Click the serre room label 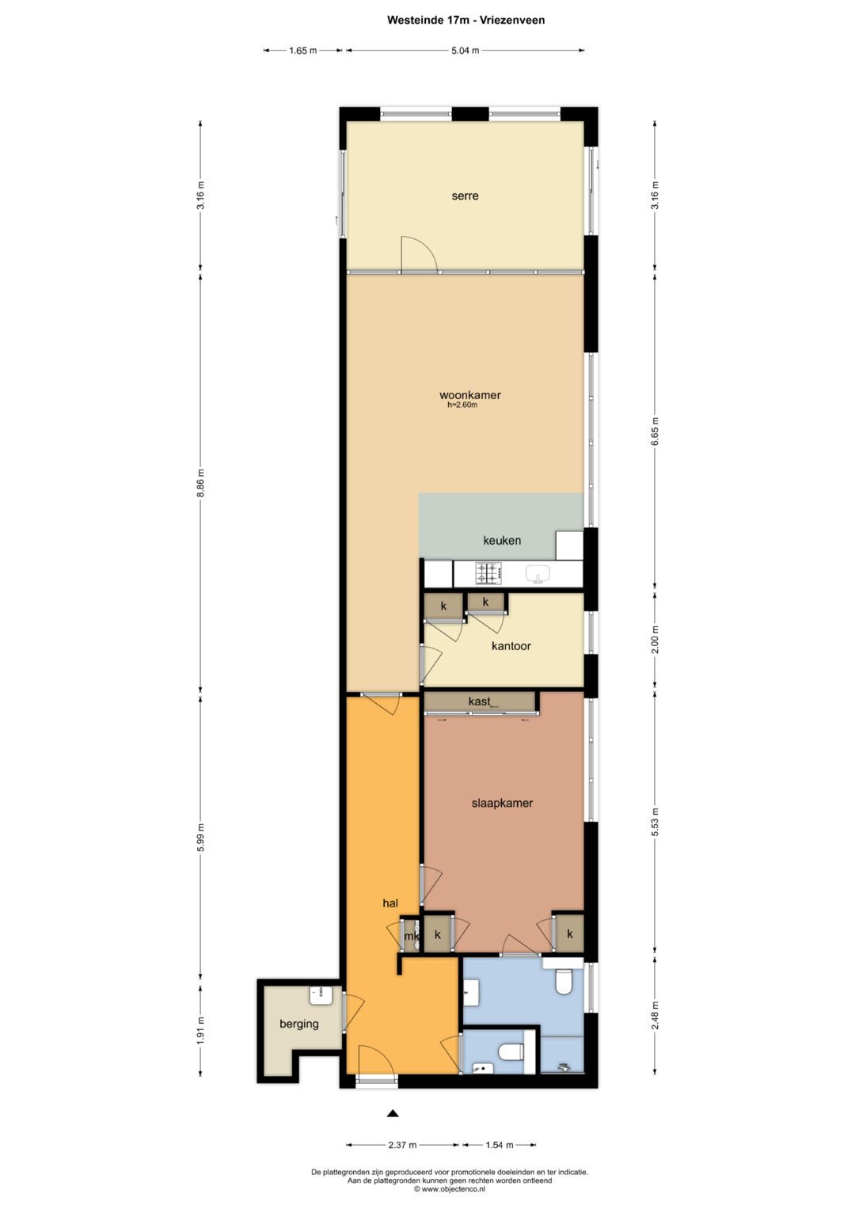(465, 196)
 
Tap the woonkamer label (469, 394)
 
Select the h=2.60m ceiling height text (462, 405)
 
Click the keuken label (502, 540)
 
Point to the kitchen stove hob (488, 572)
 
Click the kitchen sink (538, 573)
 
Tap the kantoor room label (511, 645)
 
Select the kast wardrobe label (479, 701)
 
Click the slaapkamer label (502, 803)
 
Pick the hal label (390, 903)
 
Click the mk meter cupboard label (412, 937)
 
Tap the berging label (299, 1023)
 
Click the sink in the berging (321, 995)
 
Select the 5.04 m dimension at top (465, 51)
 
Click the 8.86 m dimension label (200, 484)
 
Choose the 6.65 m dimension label (655, 432)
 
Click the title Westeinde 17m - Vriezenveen (465, 20)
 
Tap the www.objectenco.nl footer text (450, 1188)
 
